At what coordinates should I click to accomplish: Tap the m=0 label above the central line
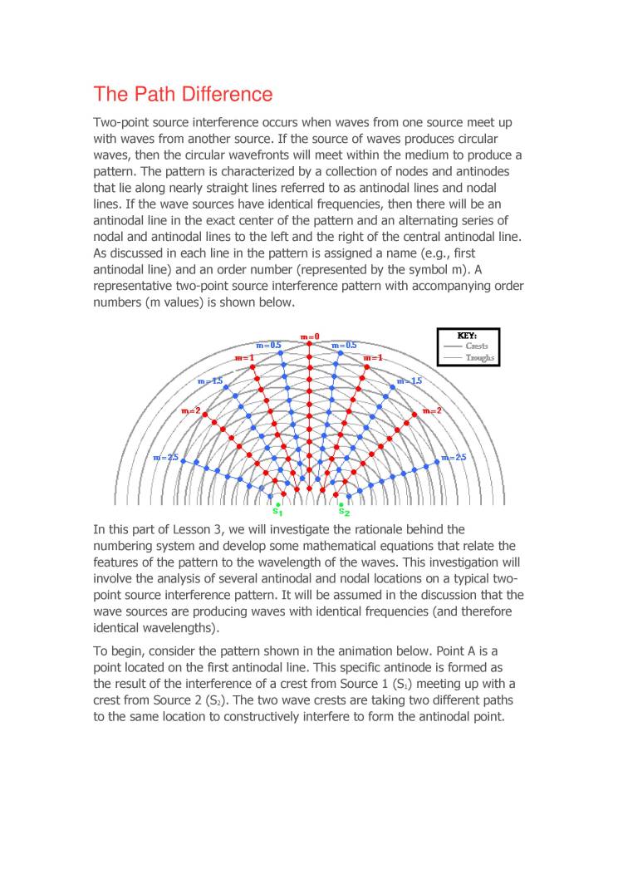click(310, 337)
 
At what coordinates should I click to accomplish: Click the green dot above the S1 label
click(278, 503)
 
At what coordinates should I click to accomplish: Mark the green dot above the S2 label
click(341, 503)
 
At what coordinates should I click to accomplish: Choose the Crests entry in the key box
click(477, 346)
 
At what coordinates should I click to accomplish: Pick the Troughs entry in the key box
click(480, 358)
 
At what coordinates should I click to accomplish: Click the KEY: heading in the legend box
click(468, 336)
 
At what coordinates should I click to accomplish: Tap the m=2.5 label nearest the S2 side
click(454, 457)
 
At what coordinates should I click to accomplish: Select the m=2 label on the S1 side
click(190, 411)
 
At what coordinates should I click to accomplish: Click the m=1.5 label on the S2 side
click(410, 381)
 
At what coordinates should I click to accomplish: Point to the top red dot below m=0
click(310, 346)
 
